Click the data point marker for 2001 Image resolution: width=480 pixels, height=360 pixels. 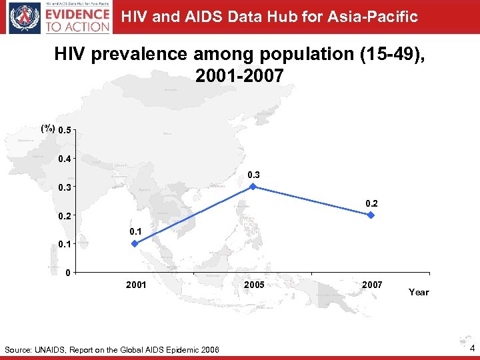click(135, 244)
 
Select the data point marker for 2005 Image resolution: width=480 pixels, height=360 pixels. click(253, 187)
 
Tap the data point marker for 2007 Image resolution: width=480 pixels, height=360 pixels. click(371, 215)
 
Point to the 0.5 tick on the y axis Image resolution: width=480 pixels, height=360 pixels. click(65, 130)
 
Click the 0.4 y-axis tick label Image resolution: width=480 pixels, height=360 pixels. click(65, 159)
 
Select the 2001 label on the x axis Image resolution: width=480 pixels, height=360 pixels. click(136, 285)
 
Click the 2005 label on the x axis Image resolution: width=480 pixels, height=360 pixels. click(254, 285)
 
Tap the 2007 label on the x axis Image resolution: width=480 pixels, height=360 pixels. click(372, 285)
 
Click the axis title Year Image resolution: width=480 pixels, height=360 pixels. click(419, 292)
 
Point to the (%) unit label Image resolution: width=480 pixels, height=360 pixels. click(47, 129)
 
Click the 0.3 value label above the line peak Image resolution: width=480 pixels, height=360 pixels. click(254, 175)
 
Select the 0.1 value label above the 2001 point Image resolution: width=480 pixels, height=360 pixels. click(136, 231)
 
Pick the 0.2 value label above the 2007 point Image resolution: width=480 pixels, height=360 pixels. click(372, 203)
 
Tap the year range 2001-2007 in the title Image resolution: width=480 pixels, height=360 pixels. click(239, 77)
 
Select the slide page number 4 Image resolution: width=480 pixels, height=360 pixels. click(472, 349)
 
